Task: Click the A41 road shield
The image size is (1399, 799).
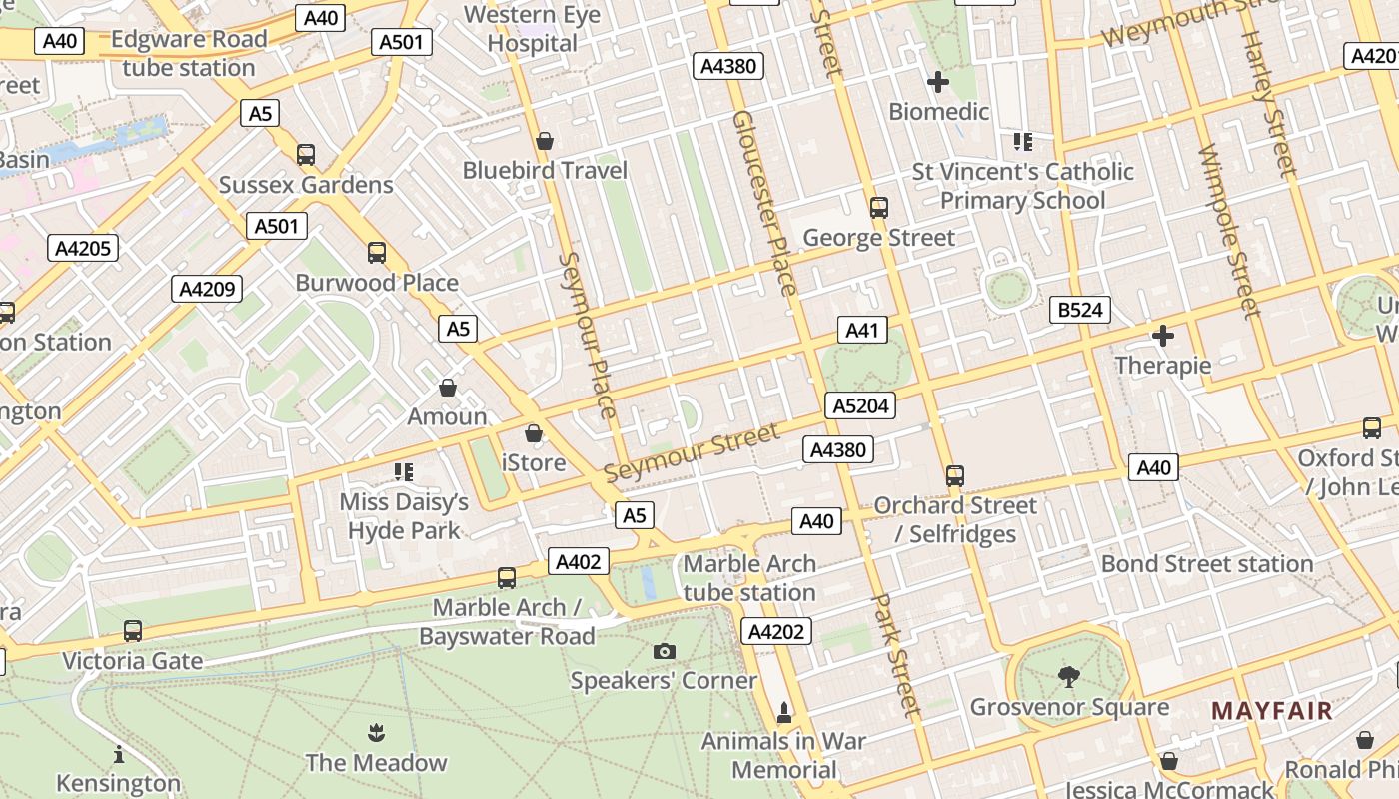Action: tap(861, 331)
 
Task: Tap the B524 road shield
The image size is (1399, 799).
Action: tap(1080, 310)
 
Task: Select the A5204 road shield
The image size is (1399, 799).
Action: tap(860, 405)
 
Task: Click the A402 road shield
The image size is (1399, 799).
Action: tap(578, 562)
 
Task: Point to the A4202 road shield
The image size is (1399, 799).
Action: tap(776, 631)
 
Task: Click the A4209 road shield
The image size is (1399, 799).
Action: tap(208, 290)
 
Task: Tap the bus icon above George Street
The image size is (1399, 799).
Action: tap(879, 208)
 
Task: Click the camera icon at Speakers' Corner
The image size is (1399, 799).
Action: tap(664, 652)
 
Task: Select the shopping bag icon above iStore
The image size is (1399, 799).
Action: tap(534, 433)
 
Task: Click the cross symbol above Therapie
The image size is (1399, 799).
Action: tap(1162, 336)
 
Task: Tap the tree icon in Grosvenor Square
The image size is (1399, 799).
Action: tap(1069, 677)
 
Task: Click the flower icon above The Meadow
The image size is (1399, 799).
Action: tap(376, 733)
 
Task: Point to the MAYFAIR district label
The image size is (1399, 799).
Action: tap(1272, 711)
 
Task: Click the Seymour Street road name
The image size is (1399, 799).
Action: tap(692, 452)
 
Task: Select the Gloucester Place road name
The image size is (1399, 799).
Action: tap(764, 203)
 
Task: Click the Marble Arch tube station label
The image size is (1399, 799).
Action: tap(749, 578)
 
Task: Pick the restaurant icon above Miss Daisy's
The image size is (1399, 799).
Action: tap(404, 471)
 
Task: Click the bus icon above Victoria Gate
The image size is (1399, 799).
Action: tap(133, 631)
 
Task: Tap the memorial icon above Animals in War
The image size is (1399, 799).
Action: tap(784, 713)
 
